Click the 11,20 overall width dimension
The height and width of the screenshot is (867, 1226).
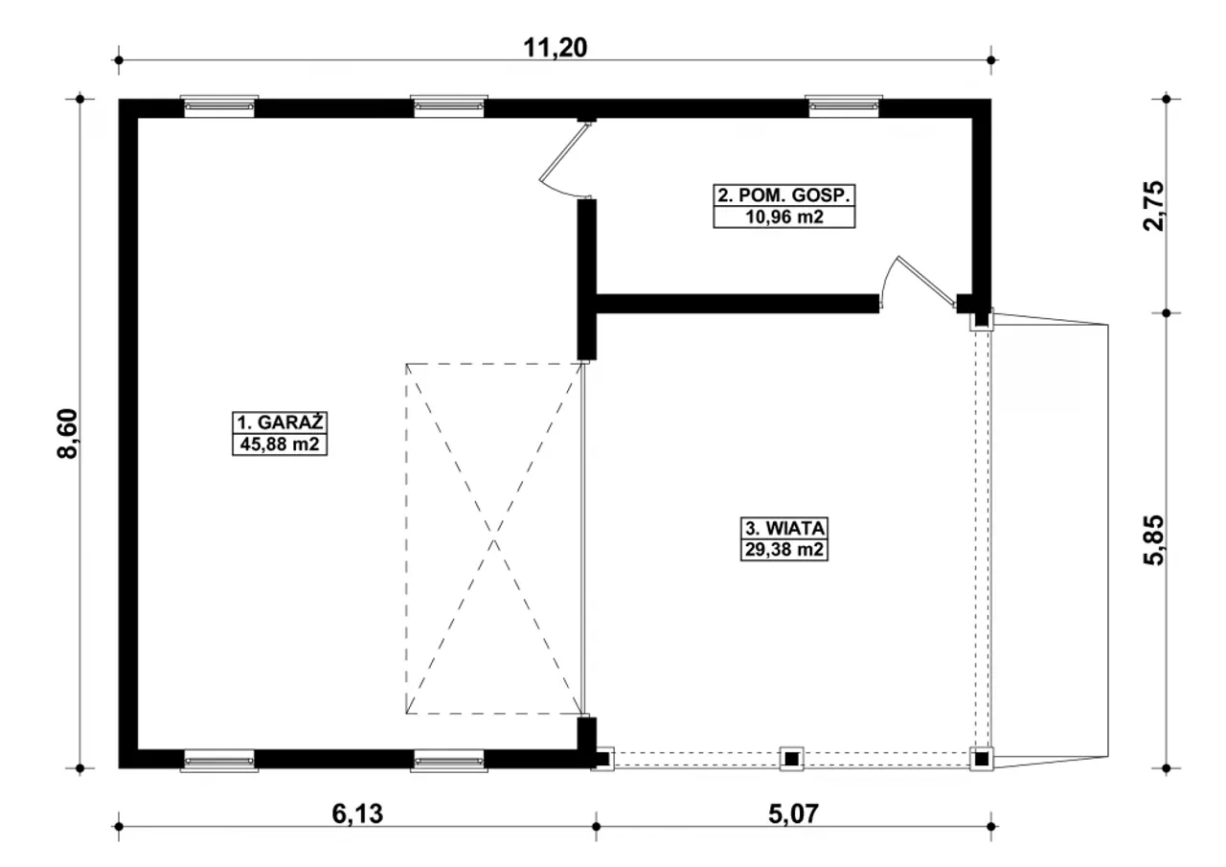[x=555, y=48]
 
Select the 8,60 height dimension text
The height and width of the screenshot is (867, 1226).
[x=68, y=433]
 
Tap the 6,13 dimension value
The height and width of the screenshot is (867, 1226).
[x=357, y=814]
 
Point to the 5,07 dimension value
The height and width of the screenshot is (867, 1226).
[x=794, y=814]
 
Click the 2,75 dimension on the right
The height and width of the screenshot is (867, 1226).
[x=1155, y=206]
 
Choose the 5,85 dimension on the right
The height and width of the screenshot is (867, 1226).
[x=1155, y=540]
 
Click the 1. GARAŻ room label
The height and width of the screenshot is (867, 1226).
[x=280, y=423]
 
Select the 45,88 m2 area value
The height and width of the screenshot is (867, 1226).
[x=280, y=444]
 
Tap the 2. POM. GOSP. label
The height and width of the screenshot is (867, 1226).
[x=784, y=195]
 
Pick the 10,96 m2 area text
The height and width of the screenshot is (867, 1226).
[x=784, y=217]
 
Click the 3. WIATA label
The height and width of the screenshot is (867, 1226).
[x=784, y=528]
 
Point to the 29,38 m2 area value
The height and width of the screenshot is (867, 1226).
[x=784, y=549]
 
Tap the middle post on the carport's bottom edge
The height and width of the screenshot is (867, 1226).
[x=791, y=759]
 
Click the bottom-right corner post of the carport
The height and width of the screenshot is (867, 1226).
[x=982, y=759]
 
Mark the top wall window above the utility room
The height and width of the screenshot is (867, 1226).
[x=844, y=106]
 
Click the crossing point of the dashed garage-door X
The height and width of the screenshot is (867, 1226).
[x=493, y=538]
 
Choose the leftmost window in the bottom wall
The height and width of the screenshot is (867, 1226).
[x=219, y=761]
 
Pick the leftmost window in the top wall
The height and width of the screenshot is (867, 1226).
[x=219, y=106]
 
